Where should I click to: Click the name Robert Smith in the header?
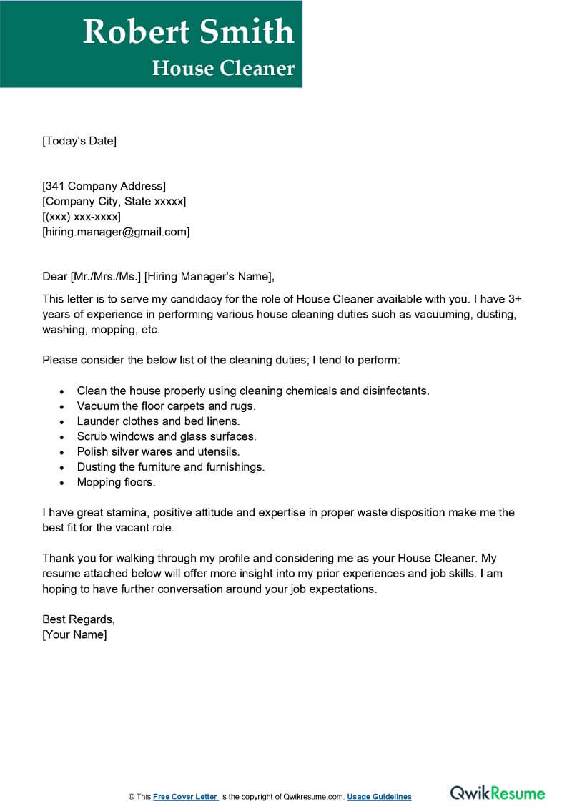pos(188,32)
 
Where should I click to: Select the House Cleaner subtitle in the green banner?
pos(223,68)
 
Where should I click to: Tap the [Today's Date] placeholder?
pos(79,141)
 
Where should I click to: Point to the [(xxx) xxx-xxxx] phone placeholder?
pos(82,217)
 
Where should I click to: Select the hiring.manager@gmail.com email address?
pos(116,232)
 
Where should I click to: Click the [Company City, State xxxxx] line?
pos(114,202)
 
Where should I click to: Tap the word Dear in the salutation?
pos(54,277)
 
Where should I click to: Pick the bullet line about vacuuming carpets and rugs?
pos(166,406)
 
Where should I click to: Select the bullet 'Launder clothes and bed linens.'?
pos(158,421)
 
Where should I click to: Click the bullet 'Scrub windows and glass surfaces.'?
pos(167,436)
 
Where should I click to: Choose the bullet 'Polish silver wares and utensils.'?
pos(158,451)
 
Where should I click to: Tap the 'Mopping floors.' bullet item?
pos(116,482)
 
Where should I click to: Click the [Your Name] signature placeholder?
pos(74,634)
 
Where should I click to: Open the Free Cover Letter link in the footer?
pos(184,797)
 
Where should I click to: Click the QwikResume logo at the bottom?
pos(497,793)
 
